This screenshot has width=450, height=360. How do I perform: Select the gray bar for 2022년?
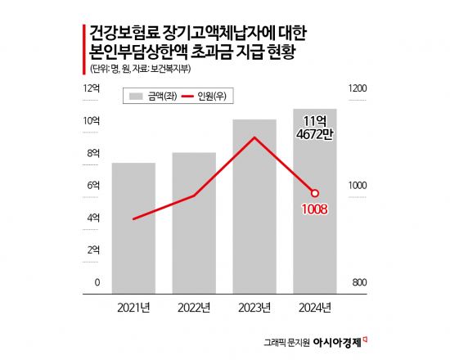194,222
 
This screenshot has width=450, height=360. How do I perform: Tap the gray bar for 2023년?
254,205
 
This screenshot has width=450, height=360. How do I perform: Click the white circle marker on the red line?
315,193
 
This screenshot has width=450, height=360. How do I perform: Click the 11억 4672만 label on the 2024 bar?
316,126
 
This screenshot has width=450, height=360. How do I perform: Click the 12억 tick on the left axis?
91,88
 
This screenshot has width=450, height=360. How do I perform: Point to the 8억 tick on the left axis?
92,153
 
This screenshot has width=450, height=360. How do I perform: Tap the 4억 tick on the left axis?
92,218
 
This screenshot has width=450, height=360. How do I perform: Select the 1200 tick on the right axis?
356,88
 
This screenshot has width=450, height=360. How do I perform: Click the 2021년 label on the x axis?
133,308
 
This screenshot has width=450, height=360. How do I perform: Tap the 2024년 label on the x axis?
315,308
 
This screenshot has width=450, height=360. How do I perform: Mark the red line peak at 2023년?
254,137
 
